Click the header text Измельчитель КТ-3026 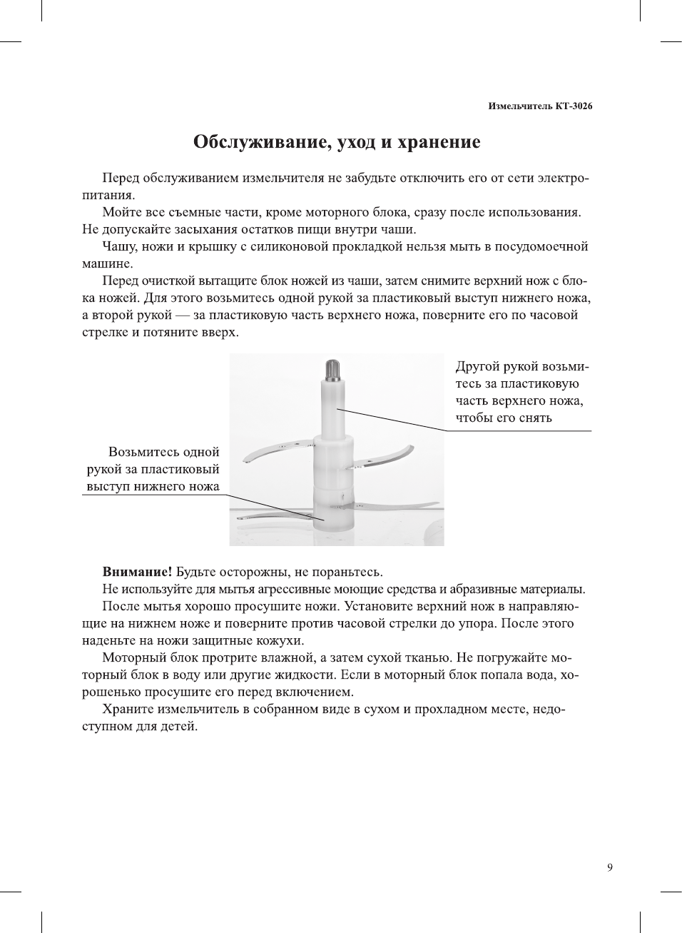(x=540, y=106)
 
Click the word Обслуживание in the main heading (x=254, y=142)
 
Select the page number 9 (x=609, y=867)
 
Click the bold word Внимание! (x=137, y=572)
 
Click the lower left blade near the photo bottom (x=268, y=515)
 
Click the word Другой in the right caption (x=478, y=367)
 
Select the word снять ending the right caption (x=535, y=418)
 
